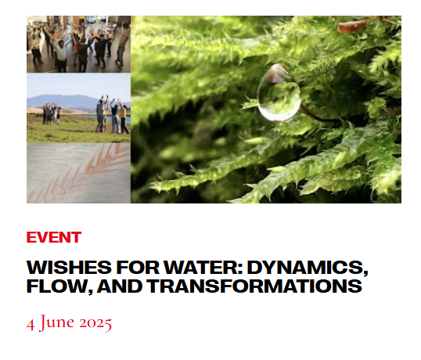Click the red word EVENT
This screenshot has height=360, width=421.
point(54,237)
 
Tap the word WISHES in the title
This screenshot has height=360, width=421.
point(69,268)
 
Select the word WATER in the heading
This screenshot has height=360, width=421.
point(200,268)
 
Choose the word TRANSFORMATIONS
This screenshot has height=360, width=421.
point(255,286)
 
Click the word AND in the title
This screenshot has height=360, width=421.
point(120,286)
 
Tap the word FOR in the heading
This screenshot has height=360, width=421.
point(138,268)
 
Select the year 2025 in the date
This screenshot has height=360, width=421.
point(95,323)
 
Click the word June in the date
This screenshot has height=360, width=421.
point(56,322)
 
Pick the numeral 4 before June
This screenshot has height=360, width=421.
point(31,324)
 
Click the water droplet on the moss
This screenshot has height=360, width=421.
point(279,92)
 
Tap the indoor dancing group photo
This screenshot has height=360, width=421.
point(78,44)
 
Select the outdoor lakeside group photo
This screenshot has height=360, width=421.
point(78,108)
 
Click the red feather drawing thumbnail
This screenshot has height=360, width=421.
point(78,173)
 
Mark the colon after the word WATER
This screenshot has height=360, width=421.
point(239,269)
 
